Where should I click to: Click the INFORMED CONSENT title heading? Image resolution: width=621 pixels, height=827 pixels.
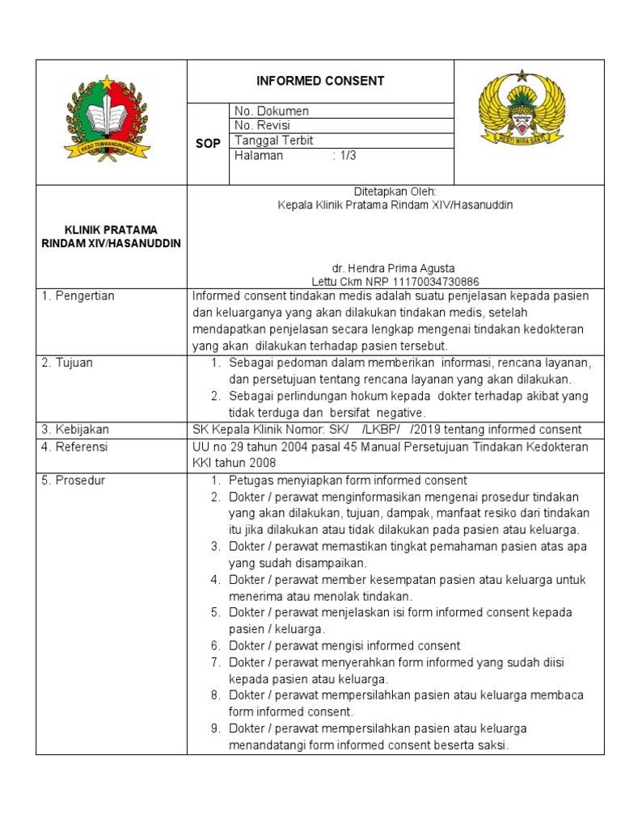click(320, 81)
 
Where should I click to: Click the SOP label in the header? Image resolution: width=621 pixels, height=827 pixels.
click(208, 143)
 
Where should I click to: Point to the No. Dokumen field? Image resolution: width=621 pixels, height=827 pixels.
click(272, 111)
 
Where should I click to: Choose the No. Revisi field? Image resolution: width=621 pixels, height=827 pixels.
click(262, 126)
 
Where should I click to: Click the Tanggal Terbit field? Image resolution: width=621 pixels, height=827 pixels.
click(273, 141)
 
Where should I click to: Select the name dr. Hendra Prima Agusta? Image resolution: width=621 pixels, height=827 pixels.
click(395, 268)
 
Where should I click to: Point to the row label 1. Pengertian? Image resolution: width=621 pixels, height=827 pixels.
click(78, 296)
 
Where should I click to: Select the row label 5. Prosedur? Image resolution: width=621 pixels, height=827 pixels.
click(73, 481)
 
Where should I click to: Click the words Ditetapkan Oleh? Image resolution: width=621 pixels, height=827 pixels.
click(395, 191)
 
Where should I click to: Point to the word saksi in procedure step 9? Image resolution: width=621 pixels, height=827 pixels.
click(491, 745)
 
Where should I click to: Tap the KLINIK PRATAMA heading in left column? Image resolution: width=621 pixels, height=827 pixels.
click(112, 229)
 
